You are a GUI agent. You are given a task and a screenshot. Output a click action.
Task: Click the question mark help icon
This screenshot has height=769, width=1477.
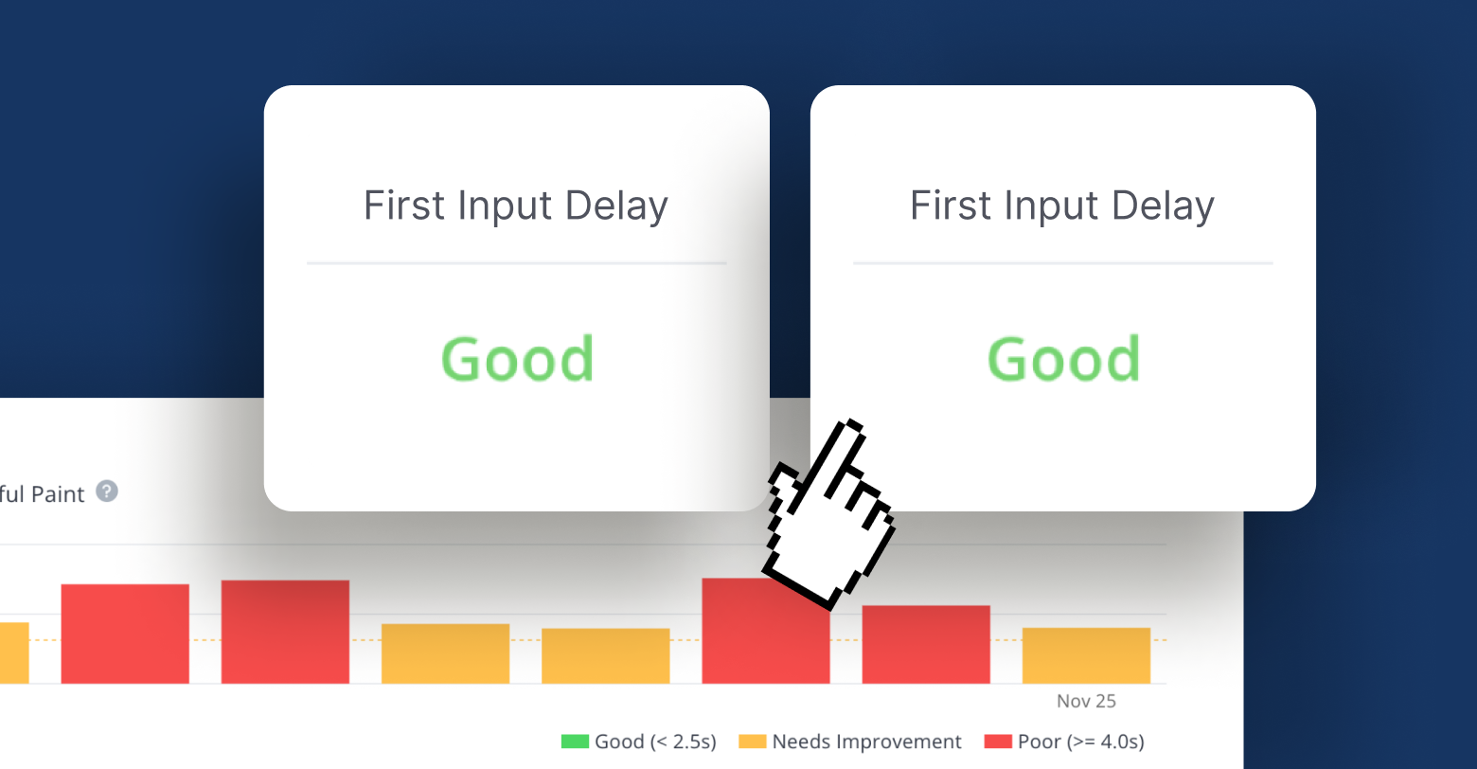107,492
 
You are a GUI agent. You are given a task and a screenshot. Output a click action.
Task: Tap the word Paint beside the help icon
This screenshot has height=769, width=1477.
58,494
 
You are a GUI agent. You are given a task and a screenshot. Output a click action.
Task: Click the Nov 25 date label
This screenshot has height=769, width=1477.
1086,701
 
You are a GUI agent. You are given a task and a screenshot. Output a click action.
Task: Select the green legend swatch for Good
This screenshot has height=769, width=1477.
575,742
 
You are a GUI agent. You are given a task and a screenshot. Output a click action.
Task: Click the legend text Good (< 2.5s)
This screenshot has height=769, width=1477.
655,742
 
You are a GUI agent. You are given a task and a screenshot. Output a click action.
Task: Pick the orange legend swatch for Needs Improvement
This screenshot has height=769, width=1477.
753,742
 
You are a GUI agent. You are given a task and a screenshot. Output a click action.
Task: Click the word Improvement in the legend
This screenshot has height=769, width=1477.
899,742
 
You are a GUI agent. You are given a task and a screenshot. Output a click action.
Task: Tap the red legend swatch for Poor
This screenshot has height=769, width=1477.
998,742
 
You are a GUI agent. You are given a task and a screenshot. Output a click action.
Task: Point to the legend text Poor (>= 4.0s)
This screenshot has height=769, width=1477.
1080,742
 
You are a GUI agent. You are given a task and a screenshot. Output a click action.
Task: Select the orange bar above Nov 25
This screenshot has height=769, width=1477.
1086,655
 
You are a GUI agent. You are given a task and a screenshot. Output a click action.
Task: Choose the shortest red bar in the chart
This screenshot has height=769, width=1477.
926,644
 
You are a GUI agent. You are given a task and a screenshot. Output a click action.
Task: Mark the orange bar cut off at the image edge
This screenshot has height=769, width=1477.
14,653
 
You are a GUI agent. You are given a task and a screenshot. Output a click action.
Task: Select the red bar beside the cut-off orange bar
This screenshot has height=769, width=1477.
125,634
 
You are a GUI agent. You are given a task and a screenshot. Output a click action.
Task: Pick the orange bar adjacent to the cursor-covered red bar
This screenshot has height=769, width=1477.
605,656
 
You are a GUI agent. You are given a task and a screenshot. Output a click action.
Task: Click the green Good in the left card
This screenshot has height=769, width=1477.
518,360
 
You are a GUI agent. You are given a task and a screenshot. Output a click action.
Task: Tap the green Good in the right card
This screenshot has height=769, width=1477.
1063,360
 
